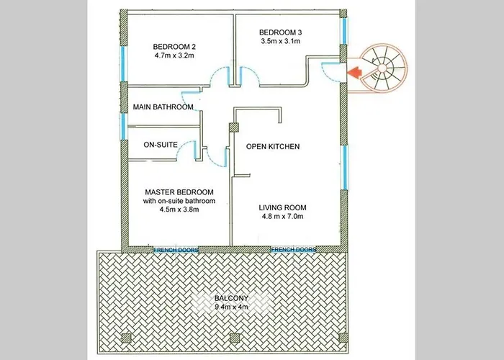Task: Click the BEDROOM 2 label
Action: pos(174,47)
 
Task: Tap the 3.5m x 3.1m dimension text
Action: pos(281,41)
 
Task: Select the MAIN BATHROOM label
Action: pos(163,107)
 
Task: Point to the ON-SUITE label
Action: pos(161,145)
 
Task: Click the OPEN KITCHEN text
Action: pos(273,147)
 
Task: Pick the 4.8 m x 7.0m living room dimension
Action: pos(282,216)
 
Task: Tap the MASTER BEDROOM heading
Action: pos(179,192)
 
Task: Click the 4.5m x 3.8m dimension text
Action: pos(179,210)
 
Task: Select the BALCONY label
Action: pos(231,298)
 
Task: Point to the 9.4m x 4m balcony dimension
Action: pos(231,307)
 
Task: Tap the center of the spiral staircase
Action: pos(382,68)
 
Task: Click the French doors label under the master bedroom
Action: pos(176,250)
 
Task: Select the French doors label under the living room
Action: pos(294,250)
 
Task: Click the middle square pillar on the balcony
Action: pos(235,338)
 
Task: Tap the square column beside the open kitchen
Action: pos(234,127)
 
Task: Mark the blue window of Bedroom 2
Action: pos(122,64)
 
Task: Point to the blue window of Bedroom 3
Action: pos(344,31)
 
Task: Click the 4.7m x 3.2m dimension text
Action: pos(174,55)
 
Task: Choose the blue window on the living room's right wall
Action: pos(345,168)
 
